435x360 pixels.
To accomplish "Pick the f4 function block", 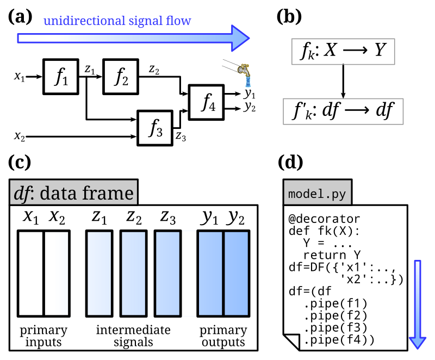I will coord(206,102).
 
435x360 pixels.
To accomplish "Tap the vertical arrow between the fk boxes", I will coord(343,81).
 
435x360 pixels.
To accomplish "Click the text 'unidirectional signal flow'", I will coord(117,21).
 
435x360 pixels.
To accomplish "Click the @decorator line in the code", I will coord(324,219).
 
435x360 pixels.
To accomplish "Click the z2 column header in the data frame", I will coord(134,217).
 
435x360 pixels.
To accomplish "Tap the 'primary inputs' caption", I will coord(43,336).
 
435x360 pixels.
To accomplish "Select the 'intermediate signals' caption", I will coord(133,336).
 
